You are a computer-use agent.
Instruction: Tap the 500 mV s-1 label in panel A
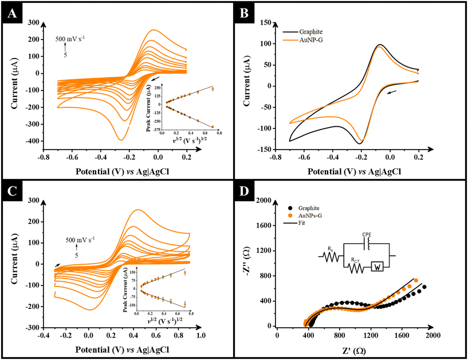[x=72, y=40]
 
